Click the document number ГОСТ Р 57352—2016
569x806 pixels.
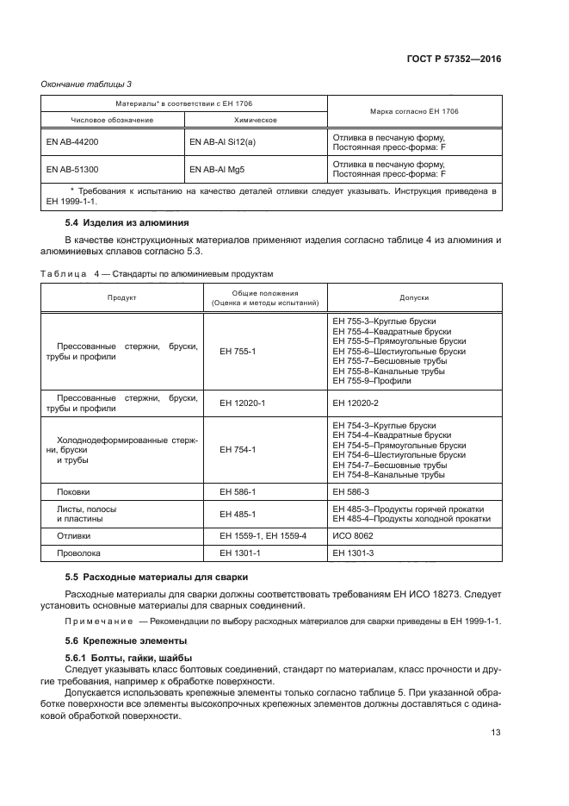pos(455,59)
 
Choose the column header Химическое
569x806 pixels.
pos(254,120)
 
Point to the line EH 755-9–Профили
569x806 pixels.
pos(372,380)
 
